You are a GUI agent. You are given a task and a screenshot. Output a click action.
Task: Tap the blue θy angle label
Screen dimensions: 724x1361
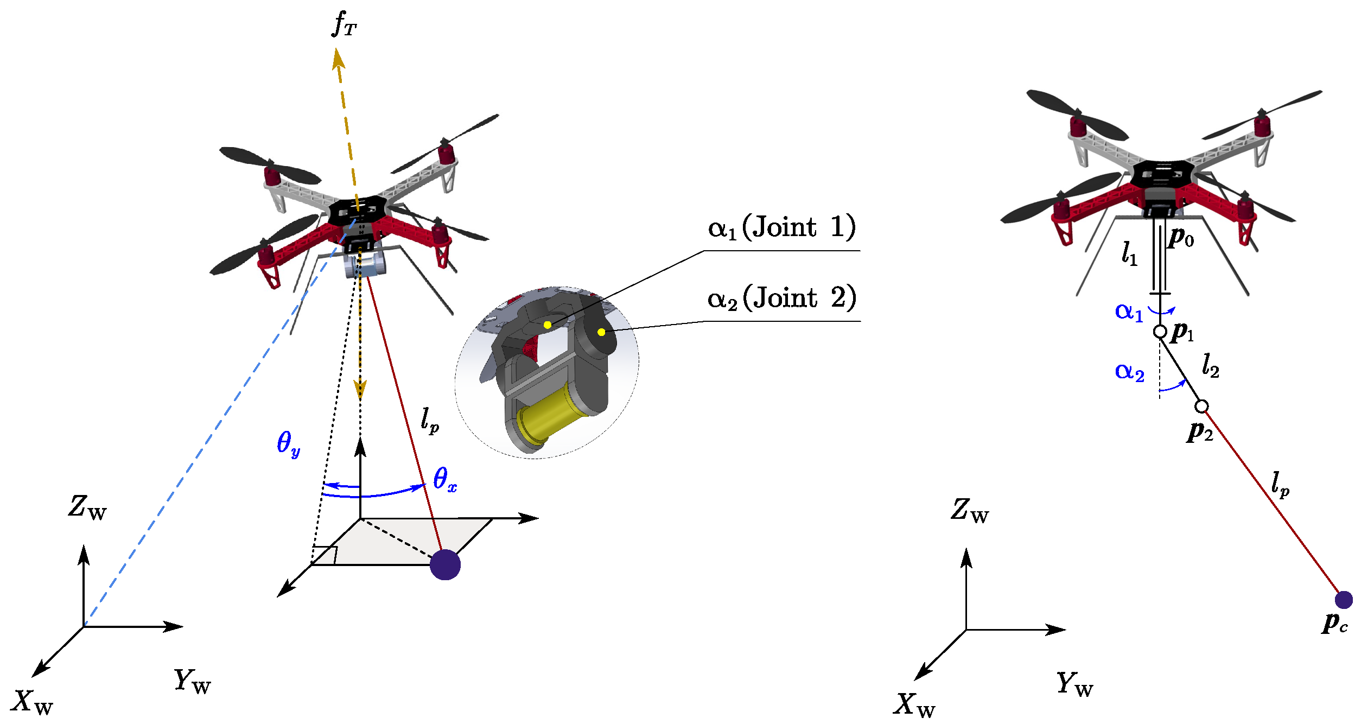pos(288,444)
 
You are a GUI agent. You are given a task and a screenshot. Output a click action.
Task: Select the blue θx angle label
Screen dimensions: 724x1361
pos(444,480)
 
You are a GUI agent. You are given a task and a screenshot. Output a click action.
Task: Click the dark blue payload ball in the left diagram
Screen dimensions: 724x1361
pos(445,564)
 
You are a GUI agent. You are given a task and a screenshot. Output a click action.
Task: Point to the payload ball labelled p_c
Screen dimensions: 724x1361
pos(1344,600)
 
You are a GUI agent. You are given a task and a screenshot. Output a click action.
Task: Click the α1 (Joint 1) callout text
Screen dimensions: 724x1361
pos(781,227)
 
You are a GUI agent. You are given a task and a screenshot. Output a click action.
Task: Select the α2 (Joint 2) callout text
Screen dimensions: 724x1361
pos(781,298)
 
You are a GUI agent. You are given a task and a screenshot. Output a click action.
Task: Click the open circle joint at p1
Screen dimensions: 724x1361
pos(1160,331)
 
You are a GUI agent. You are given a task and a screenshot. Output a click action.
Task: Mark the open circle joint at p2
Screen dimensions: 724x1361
pos(1201,406)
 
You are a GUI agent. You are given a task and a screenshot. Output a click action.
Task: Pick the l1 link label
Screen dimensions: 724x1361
pos(1129,253)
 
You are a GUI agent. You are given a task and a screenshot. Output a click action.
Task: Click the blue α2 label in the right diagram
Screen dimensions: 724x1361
pos(1129,372)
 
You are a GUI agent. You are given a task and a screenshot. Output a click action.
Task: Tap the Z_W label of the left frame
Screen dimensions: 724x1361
pos(87,508)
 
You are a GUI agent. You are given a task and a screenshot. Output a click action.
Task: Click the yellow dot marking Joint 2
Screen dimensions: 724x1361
pos(601,332)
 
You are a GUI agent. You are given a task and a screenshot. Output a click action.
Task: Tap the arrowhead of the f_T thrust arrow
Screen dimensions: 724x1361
pos(338,57)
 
